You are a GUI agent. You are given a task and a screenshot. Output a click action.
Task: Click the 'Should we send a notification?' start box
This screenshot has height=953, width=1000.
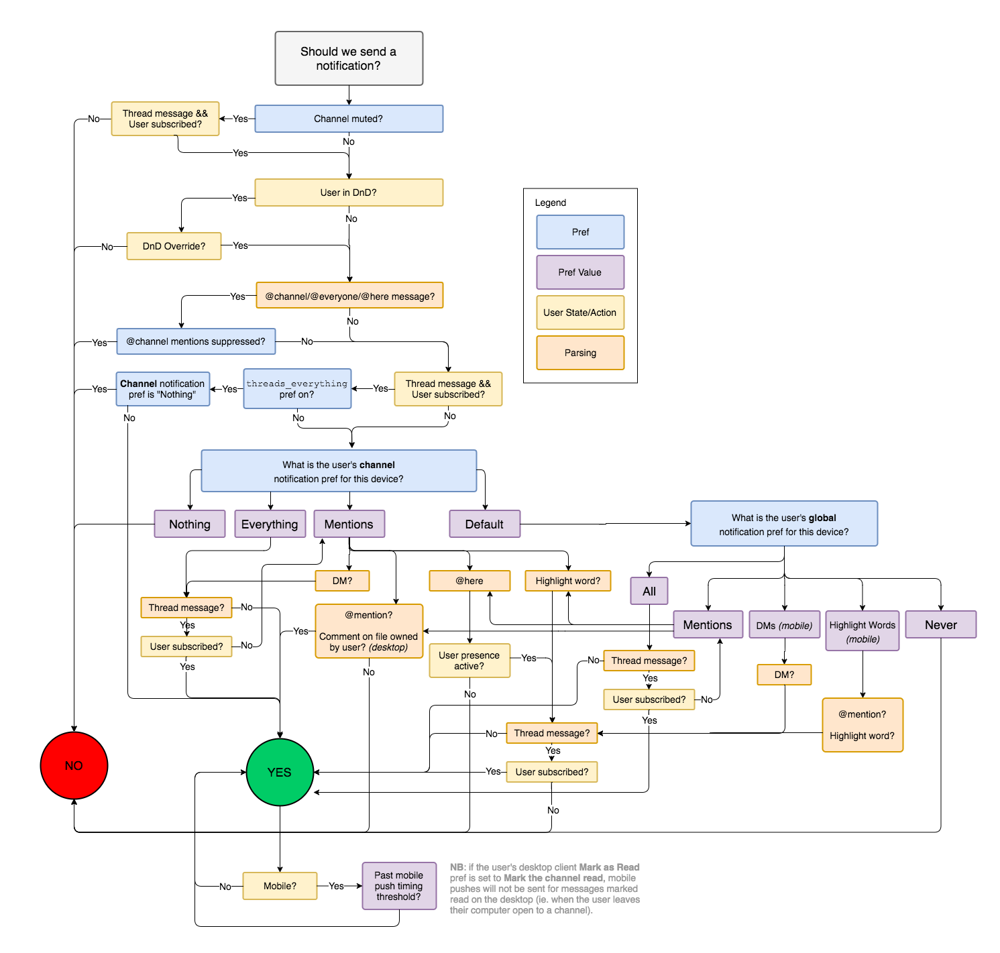point(349,58)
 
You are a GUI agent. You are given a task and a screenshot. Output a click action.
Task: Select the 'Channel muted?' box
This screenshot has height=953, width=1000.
point(349,119)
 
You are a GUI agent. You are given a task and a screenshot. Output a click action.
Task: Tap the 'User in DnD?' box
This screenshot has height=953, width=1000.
point(349,192)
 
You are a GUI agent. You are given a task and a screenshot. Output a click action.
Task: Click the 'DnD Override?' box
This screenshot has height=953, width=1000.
point(174,246)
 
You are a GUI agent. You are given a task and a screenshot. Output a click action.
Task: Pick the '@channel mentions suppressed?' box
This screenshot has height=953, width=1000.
point(196,341)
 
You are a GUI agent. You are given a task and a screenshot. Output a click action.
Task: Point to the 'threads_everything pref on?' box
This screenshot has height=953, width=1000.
point(297,389)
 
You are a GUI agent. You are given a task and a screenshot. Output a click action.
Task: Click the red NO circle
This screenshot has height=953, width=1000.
point(74,765)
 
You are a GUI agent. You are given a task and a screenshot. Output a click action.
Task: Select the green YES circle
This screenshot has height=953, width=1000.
point(280,772)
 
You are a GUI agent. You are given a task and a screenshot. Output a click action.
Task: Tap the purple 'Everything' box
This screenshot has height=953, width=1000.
point(270,524)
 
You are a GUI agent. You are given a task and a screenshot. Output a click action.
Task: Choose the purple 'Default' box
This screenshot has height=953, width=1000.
point(484,524)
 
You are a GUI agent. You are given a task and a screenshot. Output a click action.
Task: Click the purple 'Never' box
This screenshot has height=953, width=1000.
point(940,624)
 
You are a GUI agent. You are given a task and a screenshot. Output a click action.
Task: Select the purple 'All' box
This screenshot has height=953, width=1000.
point(649,591)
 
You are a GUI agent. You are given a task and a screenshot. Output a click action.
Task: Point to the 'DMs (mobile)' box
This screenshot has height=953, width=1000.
point(784,625)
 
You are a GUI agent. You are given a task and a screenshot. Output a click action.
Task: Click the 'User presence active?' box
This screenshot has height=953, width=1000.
point(469,661)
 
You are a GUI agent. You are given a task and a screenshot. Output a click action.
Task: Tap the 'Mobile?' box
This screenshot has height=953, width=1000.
point(280,886)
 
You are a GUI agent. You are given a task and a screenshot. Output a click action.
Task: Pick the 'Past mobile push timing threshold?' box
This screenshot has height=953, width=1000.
point(399,886)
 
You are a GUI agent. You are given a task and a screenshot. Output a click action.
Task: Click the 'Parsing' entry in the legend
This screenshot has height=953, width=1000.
point(580,353)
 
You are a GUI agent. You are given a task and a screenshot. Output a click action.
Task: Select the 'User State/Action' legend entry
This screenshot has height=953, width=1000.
point(580,313)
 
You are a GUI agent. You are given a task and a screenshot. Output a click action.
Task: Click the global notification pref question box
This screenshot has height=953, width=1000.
point(784,524)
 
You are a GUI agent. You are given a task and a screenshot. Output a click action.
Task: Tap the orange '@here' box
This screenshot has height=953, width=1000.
point(469,581)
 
